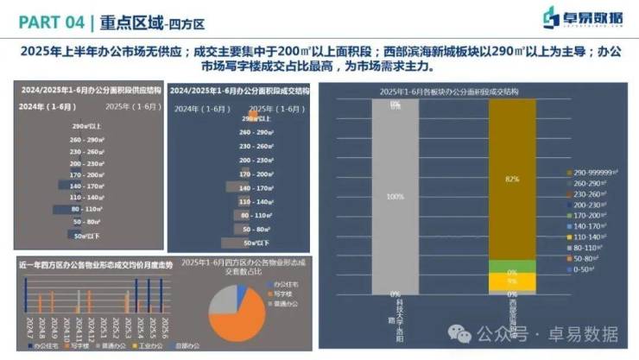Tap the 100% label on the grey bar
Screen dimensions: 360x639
(x=395, y=196)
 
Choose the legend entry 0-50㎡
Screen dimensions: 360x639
(x=582, y=269)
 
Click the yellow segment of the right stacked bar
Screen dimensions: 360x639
(x=511, y=281)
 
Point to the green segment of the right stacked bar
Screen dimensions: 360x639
(x=511, y=267)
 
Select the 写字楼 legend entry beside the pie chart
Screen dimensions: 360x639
(x=285, y=294)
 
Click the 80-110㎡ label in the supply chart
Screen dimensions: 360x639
(x=89, y=210)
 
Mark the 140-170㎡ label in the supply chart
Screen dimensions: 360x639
(x=89, y=186)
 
